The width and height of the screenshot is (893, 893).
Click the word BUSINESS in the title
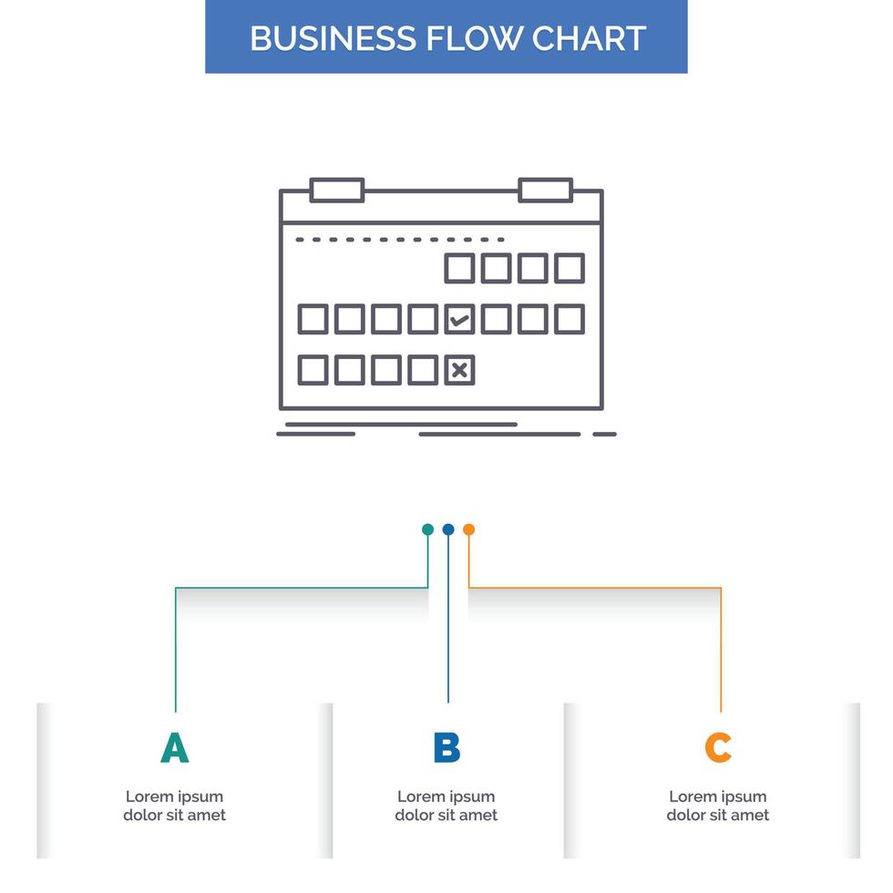332,38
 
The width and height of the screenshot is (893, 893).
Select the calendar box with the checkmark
459,319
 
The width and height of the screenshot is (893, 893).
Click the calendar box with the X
459,370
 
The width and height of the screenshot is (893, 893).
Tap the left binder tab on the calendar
337,190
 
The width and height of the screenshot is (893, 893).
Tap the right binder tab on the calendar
545,190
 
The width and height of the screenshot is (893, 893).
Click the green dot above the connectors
427,529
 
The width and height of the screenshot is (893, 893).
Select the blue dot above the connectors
448,529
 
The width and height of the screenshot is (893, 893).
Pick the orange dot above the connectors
468,529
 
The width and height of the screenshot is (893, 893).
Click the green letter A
174,747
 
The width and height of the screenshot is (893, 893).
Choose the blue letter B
446,747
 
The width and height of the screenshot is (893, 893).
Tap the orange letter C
718,747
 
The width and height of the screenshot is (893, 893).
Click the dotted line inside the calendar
400,240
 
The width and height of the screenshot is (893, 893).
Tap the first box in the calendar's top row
459,268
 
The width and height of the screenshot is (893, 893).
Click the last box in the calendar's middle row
570,319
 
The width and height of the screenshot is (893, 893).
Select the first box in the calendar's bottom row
313,370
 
